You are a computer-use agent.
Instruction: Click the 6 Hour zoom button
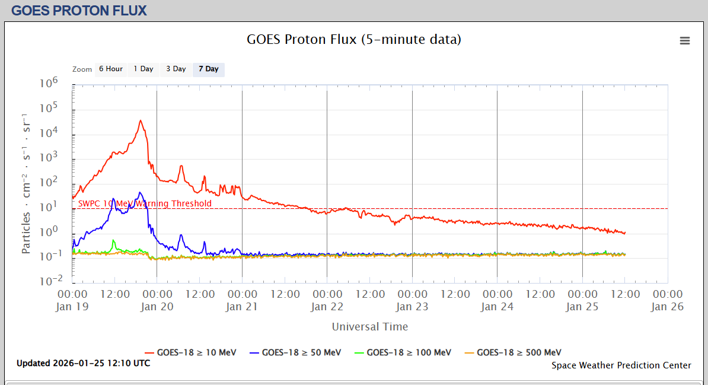(111, 69)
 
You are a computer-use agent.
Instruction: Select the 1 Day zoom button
(143, 69)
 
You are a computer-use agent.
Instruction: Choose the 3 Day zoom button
(176, 69)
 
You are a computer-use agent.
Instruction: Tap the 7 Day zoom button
(208, 69)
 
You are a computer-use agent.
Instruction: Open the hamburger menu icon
(685, 40)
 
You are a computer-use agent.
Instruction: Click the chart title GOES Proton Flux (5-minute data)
(353, 40)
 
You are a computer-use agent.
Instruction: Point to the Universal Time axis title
(369, 327)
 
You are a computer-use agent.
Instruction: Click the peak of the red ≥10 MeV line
(141, 120)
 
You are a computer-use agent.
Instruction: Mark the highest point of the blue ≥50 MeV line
(140, 192)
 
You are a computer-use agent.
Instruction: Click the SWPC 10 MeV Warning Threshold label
(145, 203)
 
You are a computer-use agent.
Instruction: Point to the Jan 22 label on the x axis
(327, 307)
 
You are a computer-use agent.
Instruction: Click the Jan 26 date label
(668, 307)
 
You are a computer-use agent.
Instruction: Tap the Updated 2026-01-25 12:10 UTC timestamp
(83, 363)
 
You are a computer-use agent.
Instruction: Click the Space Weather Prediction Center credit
(621, 365)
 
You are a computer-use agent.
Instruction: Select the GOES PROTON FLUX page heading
(79, 10)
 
